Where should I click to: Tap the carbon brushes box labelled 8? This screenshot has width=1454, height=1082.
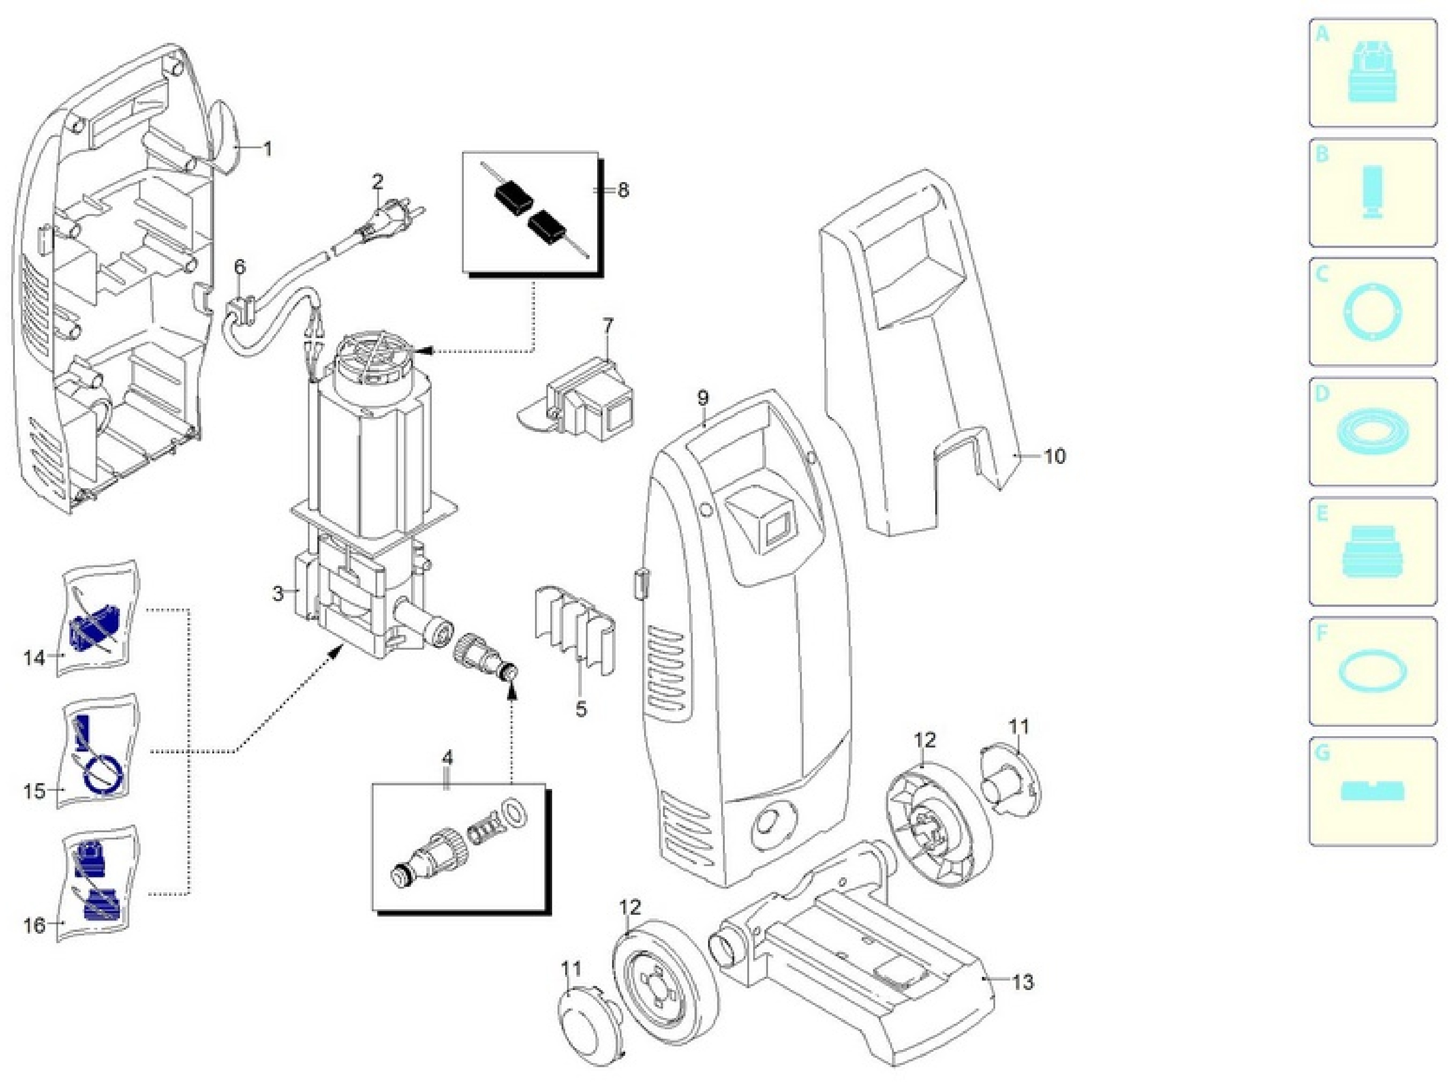tap(533, 214)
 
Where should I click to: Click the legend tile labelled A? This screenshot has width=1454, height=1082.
tap(1373, 73)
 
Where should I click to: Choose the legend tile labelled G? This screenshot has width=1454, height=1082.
tap(1373, 791)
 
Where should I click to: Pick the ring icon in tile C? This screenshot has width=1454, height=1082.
tap(1373, 312)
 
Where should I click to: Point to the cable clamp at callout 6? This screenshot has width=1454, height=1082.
tap(240, 311)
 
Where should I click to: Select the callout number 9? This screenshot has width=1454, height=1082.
tap(703, 398)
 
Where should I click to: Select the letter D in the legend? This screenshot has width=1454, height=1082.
tap(1322, 394)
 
